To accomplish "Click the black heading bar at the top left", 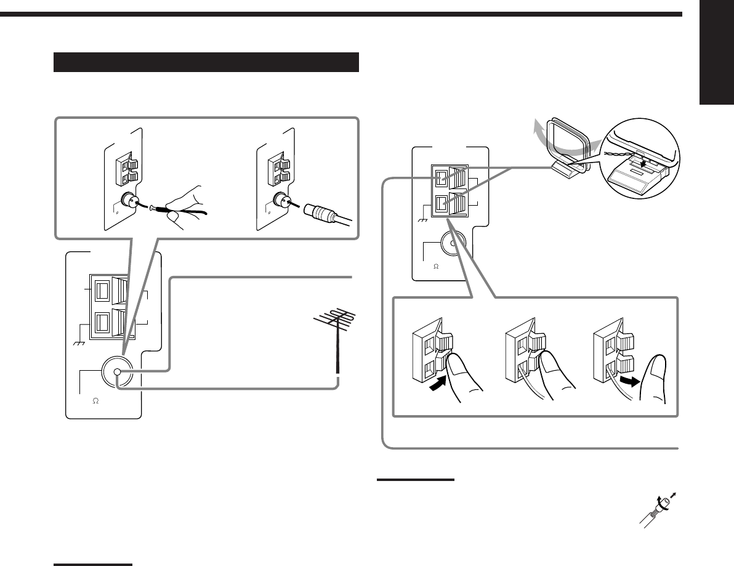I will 206,62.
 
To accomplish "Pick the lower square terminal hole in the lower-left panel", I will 102,321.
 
